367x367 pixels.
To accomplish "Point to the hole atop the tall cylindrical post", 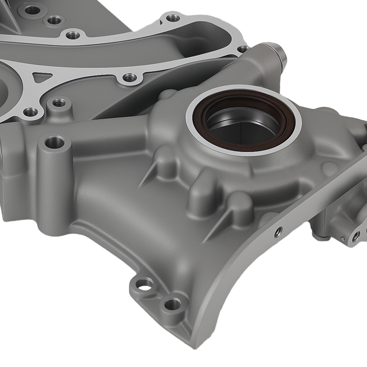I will click(55, 141).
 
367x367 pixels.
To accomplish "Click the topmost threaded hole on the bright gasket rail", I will click(173, 17).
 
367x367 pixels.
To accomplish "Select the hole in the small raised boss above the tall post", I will click(59, 103).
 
